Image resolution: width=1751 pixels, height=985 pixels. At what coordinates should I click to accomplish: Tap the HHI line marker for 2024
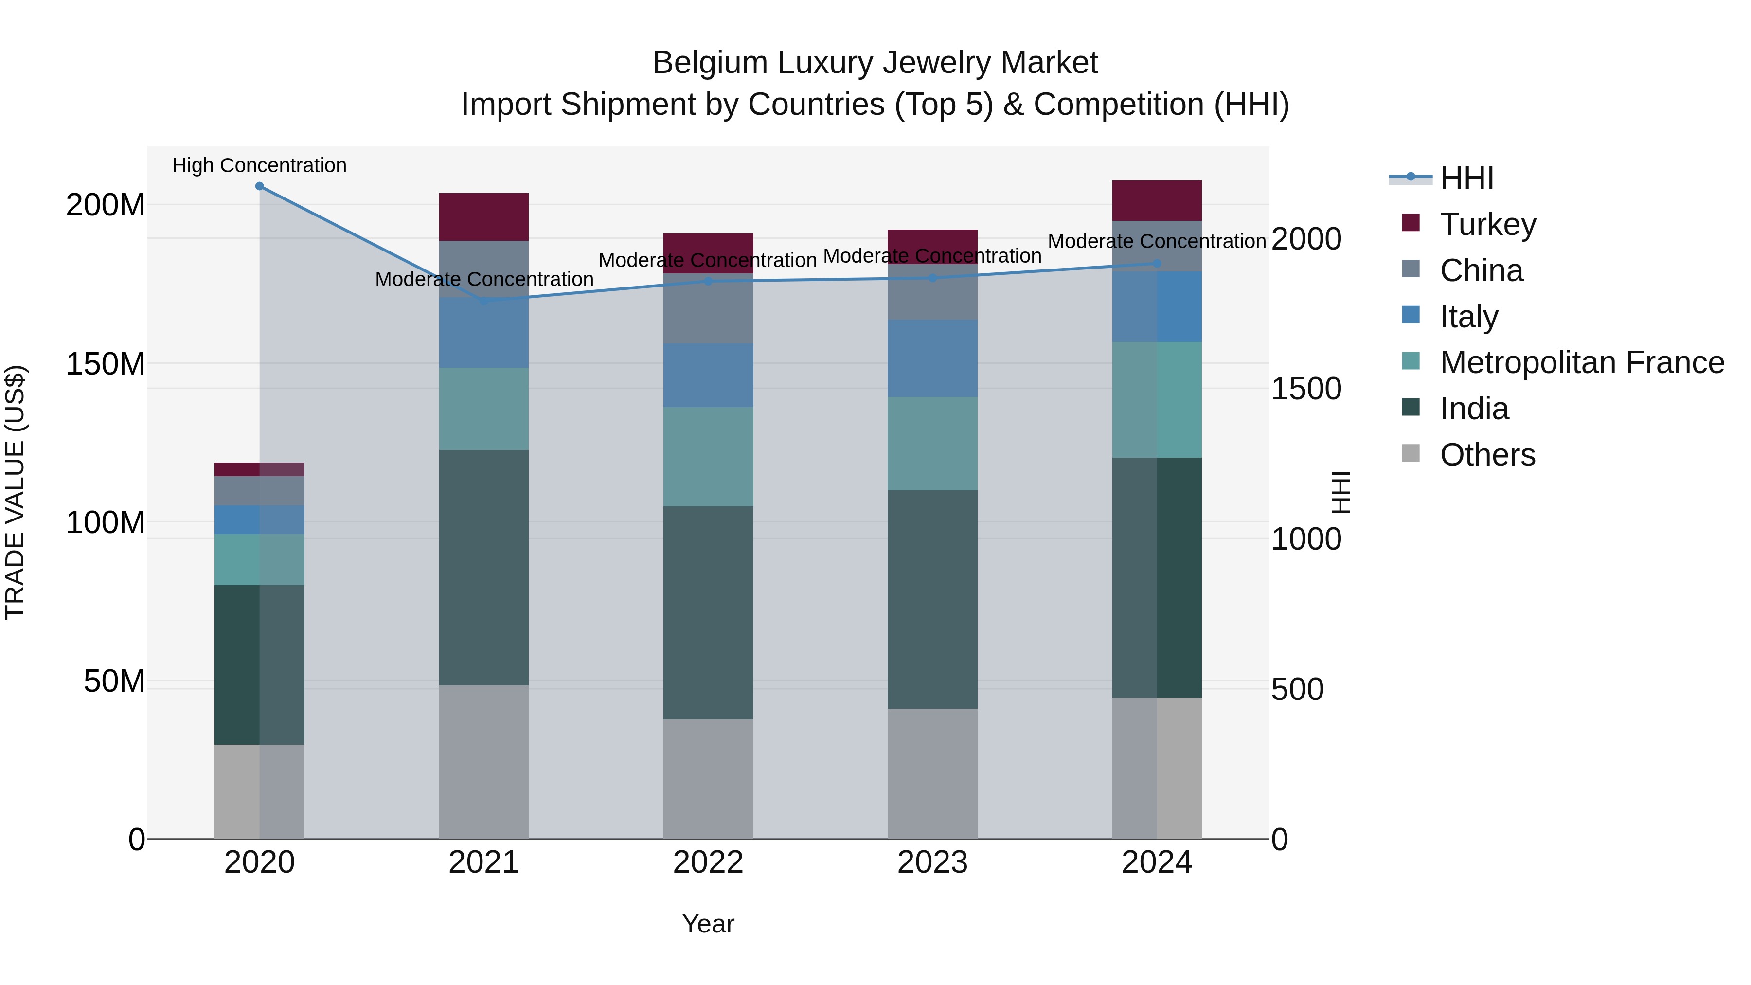[x=1157, y=264]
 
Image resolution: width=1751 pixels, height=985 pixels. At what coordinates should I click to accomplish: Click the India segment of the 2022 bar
[x=708, y=612]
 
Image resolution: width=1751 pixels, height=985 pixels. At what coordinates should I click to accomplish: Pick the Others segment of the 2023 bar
[x=932, y=773]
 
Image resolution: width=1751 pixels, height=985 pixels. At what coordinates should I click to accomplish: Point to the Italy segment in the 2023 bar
[x=932, y=358]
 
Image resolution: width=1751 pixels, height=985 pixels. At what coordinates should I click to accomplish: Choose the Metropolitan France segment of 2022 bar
[x=708, y=457]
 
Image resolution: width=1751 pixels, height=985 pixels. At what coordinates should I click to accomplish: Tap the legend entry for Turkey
[x=1487, y=224]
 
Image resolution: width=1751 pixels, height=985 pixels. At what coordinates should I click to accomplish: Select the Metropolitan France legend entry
[x=1581, y=363]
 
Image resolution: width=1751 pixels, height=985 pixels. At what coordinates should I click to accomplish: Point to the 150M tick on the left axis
[x=106, y=364]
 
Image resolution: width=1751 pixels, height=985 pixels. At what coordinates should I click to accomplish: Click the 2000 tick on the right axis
[x=1305, y=239]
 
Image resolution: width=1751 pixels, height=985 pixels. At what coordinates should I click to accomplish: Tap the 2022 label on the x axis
[x=708, y=862]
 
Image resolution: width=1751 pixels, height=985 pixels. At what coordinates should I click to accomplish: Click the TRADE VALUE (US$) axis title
[x=15, y=492]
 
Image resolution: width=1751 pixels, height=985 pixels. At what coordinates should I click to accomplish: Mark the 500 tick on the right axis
[x=1297, y=689]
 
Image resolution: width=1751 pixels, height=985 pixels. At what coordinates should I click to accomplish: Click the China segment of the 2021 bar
[x=483, y=269]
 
